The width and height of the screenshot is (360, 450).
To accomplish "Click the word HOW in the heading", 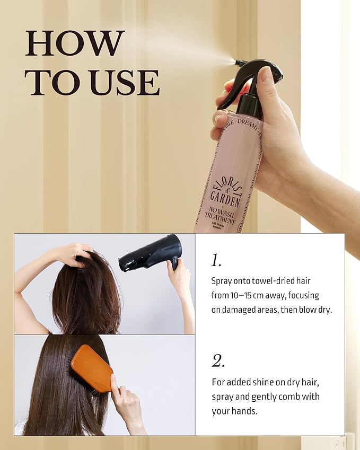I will [75, 43].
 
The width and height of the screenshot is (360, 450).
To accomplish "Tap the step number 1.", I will [216, 260].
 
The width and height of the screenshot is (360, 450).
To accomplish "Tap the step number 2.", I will [218, 361].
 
